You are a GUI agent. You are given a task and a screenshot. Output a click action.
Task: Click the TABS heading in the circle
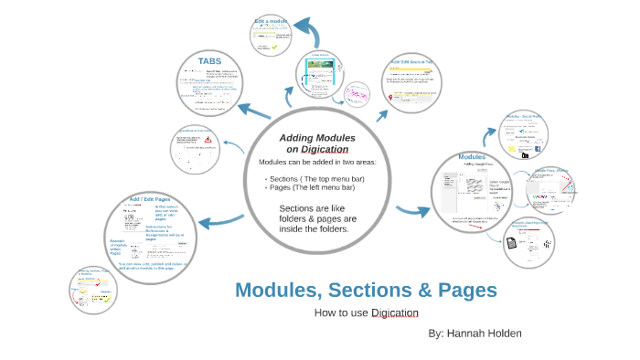(x=209, y=61)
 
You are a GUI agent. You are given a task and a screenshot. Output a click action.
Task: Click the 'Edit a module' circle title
(x=272, y=20)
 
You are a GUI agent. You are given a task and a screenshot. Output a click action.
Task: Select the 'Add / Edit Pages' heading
(x=148, y=198)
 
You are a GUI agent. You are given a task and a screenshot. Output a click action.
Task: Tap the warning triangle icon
(x=208, y=140)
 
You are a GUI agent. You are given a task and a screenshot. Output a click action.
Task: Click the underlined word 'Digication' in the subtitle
(x=395, y=312)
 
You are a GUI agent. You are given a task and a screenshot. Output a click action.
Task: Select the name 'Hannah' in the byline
(x=467, y=334)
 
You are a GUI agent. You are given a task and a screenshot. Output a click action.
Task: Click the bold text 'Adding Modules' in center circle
(x=317, y=137)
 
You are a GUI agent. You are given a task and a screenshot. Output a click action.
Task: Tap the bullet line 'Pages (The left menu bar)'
(x=312, y=187)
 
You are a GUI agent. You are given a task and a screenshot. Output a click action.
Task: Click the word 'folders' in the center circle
(x=298, y=219)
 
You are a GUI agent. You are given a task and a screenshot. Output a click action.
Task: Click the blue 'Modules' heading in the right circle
(x=471, y=157)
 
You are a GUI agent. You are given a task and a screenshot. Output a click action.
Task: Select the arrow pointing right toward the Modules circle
(x=408, y=214)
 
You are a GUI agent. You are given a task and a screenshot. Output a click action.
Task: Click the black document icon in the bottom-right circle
(x=512, y=243)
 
